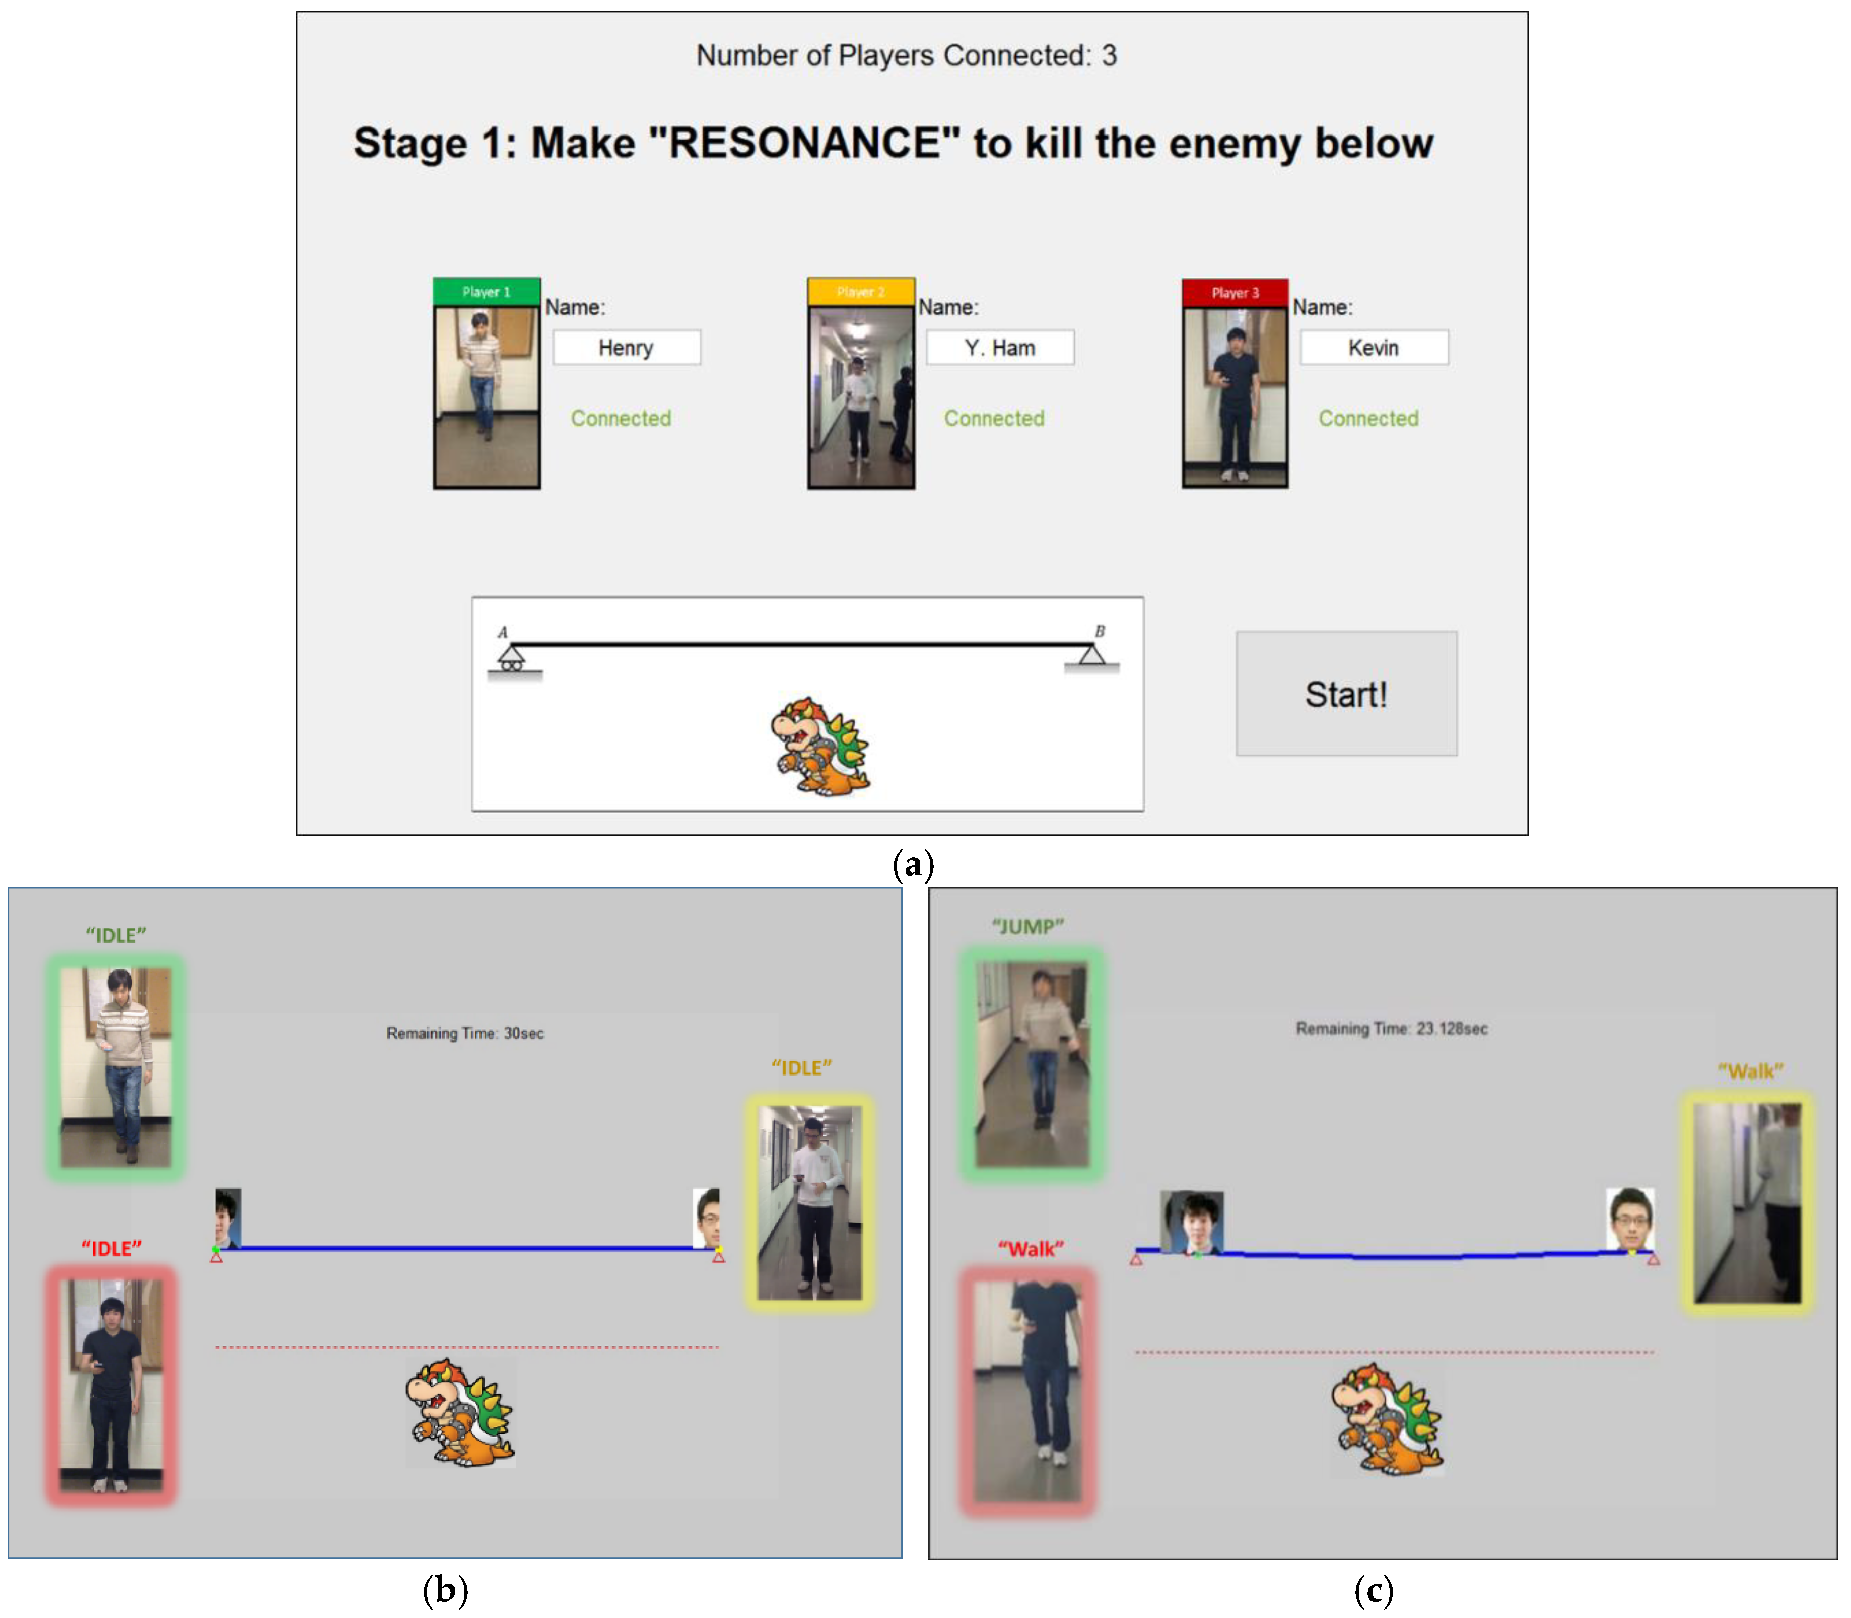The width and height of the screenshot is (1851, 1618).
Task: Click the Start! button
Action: [1346, 694]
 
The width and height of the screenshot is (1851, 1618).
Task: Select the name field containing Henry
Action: [627, 348]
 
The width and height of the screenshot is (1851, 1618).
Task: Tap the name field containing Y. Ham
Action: [1000, 348]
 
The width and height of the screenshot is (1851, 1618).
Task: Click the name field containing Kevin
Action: [1374, 348]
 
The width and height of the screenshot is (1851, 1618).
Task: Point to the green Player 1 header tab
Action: [487, 292]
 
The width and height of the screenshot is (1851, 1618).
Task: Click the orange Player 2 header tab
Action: [860, 292]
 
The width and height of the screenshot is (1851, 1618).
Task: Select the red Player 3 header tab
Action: [1235, 293]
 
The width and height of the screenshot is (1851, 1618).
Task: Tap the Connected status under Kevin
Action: [1369, 418]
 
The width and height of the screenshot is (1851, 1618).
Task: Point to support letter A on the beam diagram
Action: [503, 632]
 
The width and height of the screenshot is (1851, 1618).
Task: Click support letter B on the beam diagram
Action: [1100, 631]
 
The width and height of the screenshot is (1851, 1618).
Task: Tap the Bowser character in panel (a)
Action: [820, 746]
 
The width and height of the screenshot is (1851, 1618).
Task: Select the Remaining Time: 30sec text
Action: [465, 1033]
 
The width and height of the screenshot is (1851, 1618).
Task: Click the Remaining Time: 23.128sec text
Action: [1392, 1029]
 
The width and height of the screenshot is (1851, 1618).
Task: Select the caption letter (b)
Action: [445, 1589]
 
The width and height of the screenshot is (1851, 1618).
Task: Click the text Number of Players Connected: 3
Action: [907, 56]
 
